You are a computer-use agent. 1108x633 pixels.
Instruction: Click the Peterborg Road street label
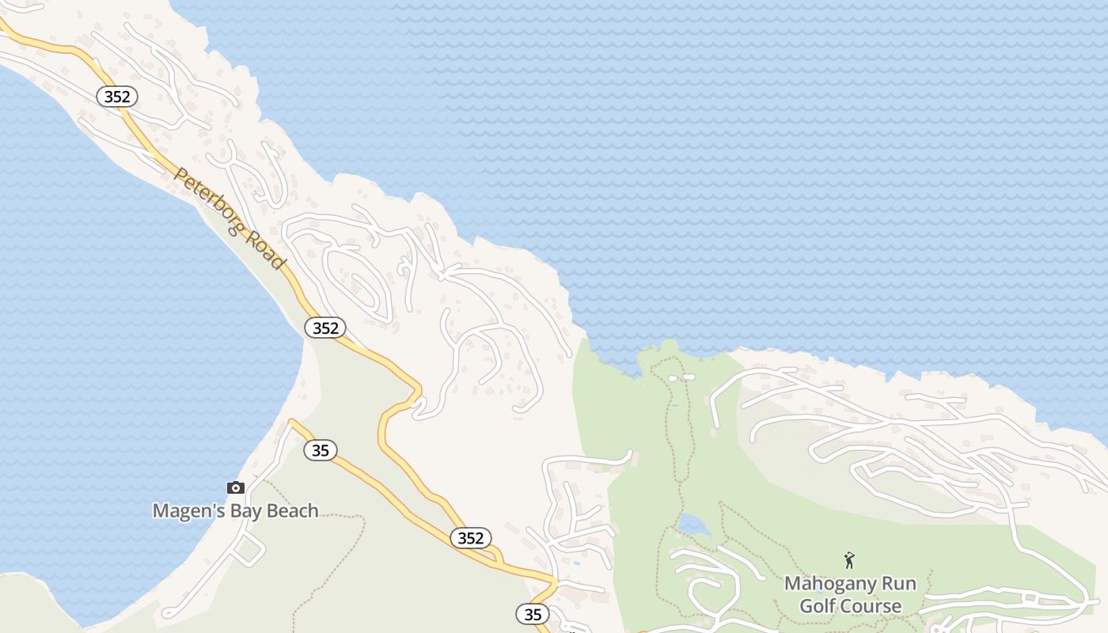point(229,218)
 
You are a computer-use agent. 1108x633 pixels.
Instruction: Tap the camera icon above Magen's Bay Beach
point(236,487)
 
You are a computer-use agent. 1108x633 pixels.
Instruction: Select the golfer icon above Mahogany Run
point(849,560)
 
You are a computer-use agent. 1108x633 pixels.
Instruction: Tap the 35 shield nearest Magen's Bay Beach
point(320,450)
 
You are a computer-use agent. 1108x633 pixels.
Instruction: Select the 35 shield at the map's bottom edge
point(533,613)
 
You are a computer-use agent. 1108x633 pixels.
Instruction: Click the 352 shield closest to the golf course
point(470,538)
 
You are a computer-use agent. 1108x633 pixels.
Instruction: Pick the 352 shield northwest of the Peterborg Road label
point(117,97)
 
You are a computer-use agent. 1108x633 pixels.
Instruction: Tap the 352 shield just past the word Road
point(324,328)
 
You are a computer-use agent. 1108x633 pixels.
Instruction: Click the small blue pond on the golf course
point(692,523)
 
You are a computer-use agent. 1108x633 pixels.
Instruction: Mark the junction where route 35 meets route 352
point(556,583)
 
